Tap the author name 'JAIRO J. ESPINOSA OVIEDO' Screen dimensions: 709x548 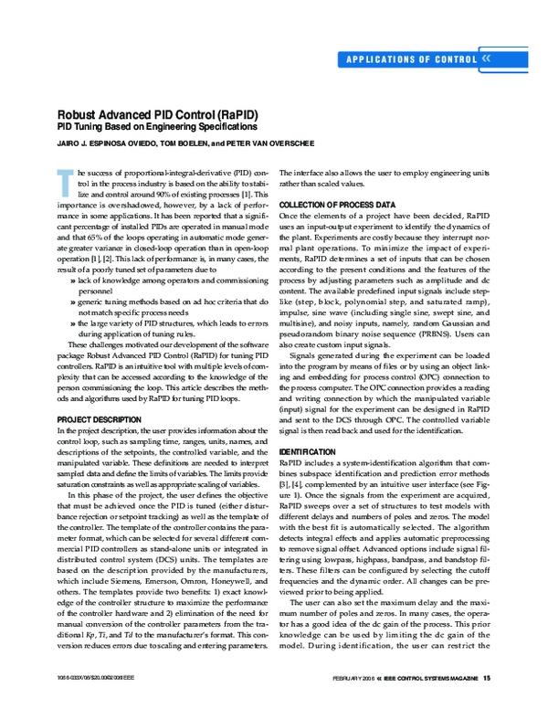click(x=107, y=144)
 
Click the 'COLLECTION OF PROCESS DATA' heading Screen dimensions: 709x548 click(x=337, y=204)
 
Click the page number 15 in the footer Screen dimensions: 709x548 click(x=488, y=678)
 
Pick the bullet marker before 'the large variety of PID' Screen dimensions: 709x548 click(x=72, y=323)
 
